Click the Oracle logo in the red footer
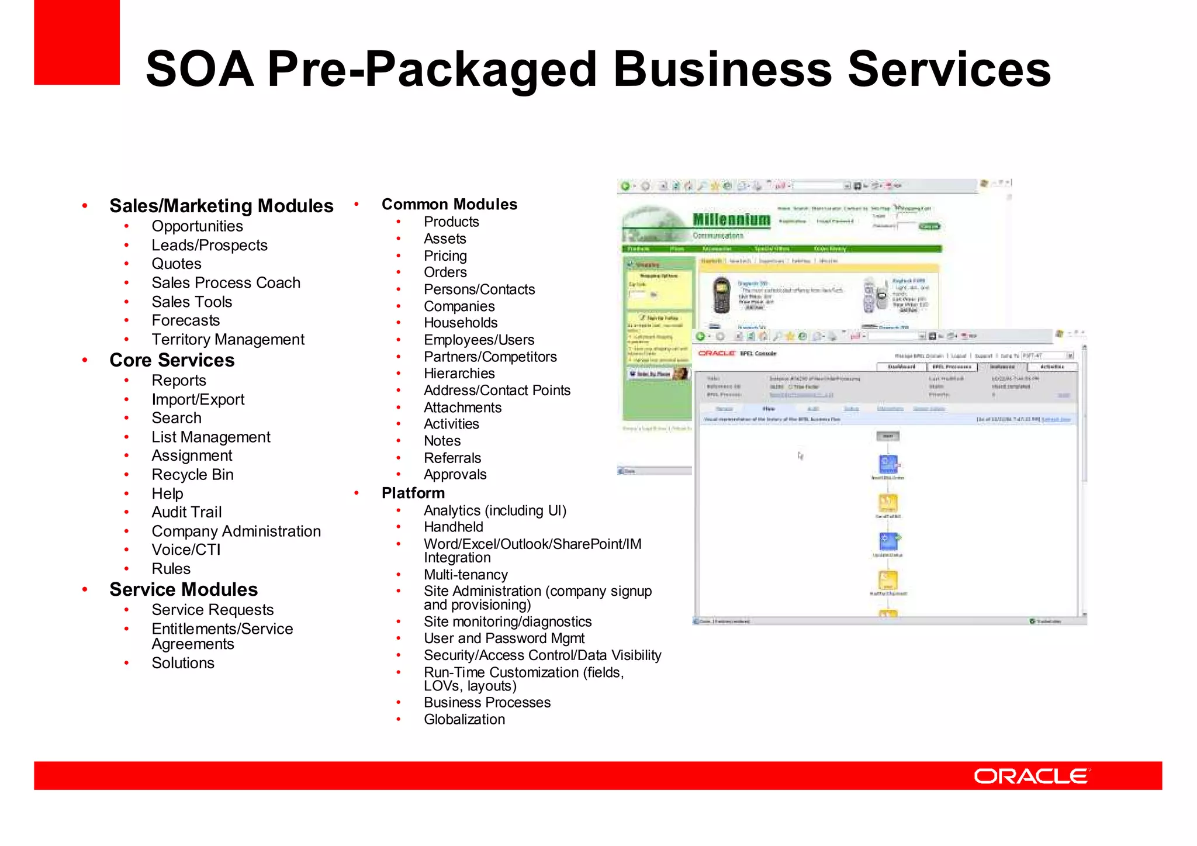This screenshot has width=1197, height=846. (1032, 776)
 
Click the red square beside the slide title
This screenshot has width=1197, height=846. (77, 42)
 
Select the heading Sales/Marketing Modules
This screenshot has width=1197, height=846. (221, 206)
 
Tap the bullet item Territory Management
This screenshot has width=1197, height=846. (228, 340)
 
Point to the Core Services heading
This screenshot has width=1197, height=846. (172, 360)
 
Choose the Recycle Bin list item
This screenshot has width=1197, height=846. (192, 475)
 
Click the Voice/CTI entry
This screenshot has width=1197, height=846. (186, 550)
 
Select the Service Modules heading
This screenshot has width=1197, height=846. (184, 589)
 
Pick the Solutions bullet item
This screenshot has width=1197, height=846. (183, 663)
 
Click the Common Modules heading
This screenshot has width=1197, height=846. (449, 205)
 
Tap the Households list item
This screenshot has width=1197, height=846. (461, 323)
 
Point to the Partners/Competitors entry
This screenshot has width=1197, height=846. (490, 357)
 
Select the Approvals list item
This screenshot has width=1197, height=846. (455, 475)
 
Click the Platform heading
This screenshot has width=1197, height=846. (413, 493)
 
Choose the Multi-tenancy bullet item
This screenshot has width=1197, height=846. (466, 575)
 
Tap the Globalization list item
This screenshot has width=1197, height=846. (465, 720)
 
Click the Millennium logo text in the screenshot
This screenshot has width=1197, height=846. (731, 220)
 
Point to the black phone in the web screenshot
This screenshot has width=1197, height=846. (722, 295)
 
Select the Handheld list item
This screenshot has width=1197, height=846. (454, 527)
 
